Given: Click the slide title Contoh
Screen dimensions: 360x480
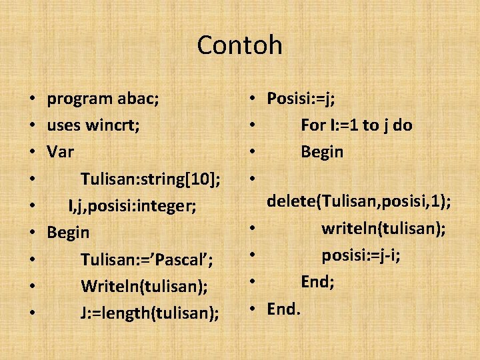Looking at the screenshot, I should [240, 45].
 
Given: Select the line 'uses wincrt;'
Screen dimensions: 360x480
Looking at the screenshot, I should [93, 125].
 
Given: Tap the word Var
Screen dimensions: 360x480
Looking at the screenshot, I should [60, 152].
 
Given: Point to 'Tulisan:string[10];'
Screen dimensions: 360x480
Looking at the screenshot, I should [151, 179].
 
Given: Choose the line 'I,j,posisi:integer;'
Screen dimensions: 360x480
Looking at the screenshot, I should [132, 206].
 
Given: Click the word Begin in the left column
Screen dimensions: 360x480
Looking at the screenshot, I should [67, 233].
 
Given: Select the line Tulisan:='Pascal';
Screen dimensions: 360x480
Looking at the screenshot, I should [146, 259].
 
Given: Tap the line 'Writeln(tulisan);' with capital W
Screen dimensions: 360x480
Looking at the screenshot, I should [144, 286].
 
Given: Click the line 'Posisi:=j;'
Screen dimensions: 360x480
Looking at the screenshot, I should [301, 99].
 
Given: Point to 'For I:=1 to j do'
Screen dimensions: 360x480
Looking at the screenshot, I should [356, 125].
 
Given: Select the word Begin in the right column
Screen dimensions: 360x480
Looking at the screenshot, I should [322, 152].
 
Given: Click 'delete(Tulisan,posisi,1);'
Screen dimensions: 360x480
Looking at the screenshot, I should [359, 202].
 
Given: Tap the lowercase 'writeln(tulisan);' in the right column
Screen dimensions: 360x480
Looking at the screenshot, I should [383, 229].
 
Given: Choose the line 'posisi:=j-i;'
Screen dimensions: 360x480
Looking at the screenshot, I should [361, 255].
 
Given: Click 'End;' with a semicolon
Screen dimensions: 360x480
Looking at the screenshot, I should [317, 281].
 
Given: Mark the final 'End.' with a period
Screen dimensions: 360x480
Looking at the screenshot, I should [284, 308].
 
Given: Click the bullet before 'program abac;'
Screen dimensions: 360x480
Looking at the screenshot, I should [33, 100].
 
